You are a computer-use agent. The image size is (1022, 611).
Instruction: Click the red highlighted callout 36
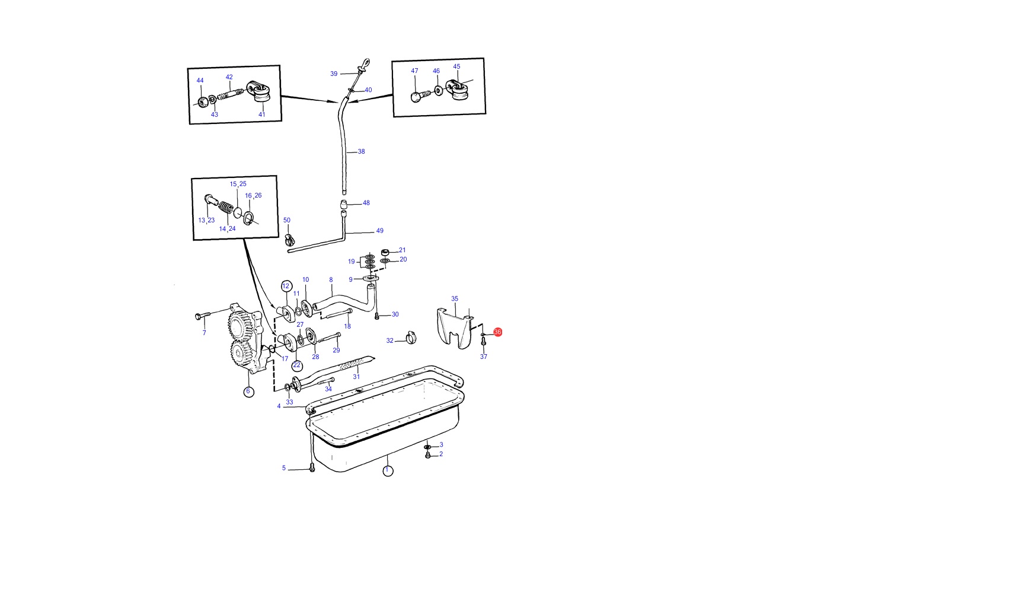497,332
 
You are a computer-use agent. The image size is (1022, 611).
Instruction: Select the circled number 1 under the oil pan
388,470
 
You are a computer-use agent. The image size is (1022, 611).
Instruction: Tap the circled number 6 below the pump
248,392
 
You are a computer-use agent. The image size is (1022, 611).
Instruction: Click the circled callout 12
286,286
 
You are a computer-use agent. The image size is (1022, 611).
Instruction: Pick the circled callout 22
297,365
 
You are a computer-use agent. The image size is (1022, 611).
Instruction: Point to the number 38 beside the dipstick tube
361,152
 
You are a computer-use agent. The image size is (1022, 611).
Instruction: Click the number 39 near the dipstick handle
334,74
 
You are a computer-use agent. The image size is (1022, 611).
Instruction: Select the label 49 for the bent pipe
380,231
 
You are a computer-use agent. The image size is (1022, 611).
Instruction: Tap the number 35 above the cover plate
455,299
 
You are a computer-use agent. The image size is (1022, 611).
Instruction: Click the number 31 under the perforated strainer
356,377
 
